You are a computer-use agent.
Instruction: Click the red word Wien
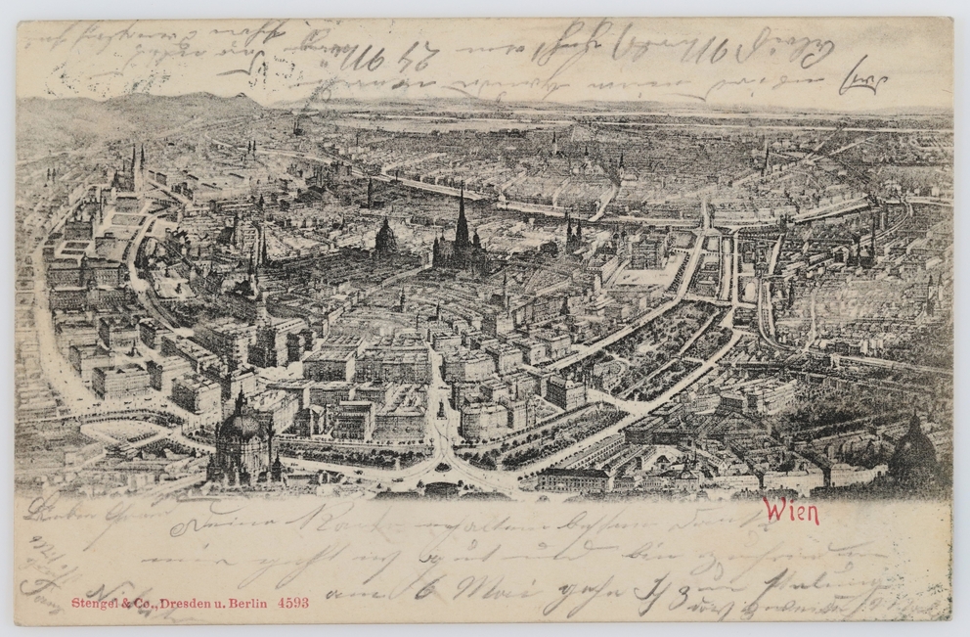click(791, 511)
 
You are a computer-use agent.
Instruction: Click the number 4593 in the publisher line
click(293, 603)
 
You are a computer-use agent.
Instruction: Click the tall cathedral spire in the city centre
click(462, 220)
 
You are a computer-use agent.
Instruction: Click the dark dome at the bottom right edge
click(914, 450)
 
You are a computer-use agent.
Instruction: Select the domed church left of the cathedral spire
click(385, 237)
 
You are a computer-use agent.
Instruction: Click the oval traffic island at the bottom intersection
click(443, 467)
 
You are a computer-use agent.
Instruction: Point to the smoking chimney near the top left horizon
click(296, 125)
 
